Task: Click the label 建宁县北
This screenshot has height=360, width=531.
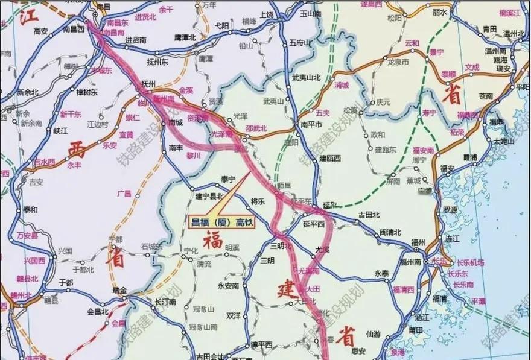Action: tap(209, 196)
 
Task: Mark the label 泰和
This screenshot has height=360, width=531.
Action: tap(30, 210)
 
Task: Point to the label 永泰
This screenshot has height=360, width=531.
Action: tap(382, 273)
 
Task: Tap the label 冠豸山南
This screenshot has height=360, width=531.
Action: tap(203, 327)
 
